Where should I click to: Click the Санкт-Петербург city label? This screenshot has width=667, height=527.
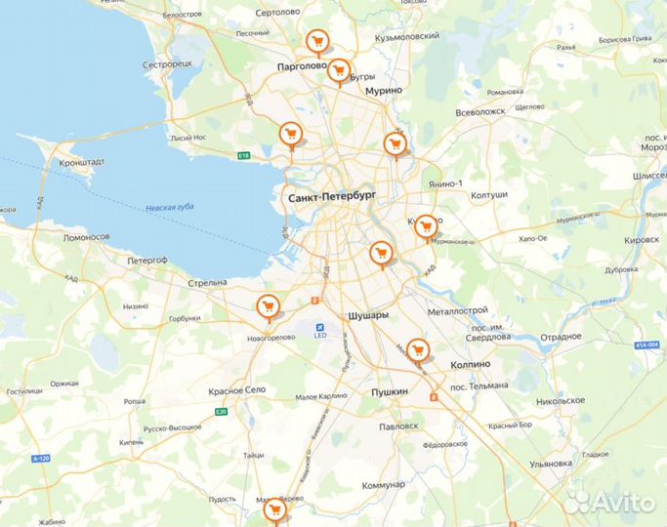click(x=331, y=196)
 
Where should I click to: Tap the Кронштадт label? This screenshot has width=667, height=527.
click(x=82, y=163)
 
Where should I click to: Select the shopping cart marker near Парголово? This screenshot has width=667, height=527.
click(x=315, y=41)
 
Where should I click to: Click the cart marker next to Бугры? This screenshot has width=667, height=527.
click(x=339, y=70)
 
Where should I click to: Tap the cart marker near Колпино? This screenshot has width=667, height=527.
click(x=418, y=349)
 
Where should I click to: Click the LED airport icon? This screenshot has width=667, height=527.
click(x=318, y=327)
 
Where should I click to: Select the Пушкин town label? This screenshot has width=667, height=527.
click(x=390, y=391)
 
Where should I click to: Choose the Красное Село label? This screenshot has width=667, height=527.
click(x=237, y=390)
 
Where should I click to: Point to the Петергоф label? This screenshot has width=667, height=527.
click(x=148, y=261)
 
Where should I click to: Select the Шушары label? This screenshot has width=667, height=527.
click(x=367, y=316)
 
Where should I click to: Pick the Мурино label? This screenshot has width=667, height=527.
click(x=384, y=90)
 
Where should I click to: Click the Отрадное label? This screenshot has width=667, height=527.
click(x=562, y=336)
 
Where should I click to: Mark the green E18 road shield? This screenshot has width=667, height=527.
click(x=244, y=155)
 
